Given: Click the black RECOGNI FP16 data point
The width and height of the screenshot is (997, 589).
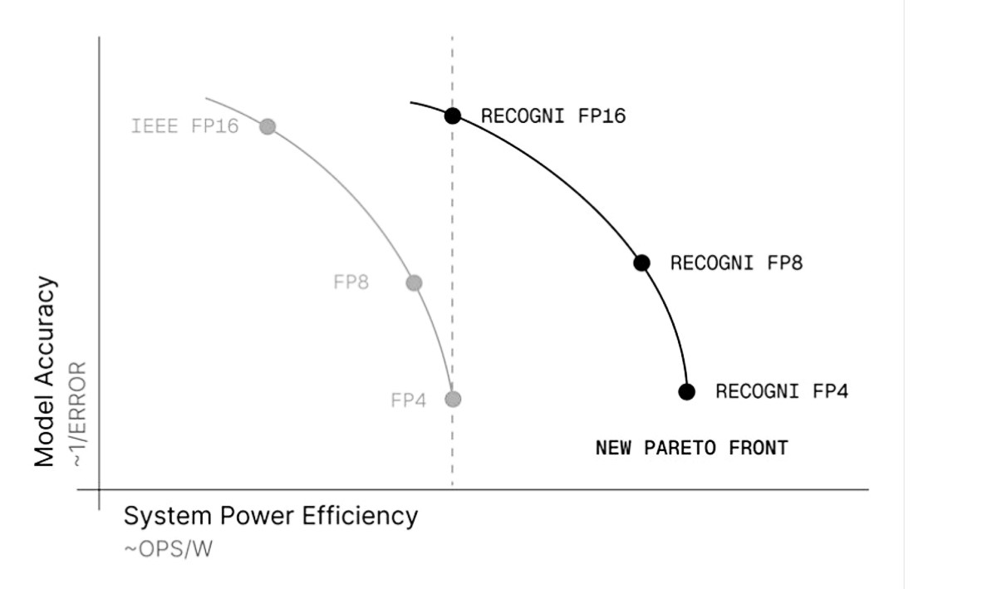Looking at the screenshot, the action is point(453,115).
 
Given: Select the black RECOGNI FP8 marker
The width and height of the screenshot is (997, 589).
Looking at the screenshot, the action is point(641,263).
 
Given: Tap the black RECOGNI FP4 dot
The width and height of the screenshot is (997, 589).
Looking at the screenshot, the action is point(687,392).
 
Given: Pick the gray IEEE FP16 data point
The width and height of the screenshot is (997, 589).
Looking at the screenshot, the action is point(268,126).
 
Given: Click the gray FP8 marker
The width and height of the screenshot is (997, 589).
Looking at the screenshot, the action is point(414,282).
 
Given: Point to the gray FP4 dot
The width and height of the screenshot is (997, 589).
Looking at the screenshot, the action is point(453,399).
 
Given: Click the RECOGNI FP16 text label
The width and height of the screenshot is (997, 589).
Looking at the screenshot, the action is point(553,115).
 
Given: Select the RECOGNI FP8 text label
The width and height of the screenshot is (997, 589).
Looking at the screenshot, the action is point(737,263).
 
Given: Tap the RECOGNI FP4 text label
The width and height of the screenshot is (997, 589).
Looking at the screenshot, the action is point(782,391).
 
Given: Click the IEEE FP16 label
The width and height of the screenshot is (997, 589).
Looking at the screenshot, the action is point(185,126).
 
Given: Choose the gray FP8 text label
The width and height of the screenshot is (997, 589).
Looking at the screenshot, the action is point(351,282).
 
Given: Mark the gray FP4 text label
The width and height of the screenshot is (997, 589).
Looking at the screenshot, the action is point(409,400).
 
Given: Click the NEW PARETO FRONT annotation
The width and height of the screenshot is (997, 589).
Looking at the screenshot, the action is point(692,448).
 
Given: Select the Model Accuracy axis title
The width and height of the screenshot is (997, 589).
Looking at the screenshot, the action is point(45,371).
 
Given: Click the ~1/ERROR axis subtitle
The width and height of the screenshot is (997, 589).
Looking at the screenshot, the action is point(79,415).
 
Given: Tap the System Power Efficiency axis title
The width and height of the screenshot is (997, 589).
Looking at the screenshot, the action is point(271,517).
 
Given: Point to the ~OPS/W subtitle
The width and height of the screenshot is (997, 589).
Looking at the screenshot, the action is point(169,549).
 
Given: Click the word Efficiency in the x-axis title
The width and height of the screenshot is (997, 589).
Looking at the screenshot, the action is point(360,517).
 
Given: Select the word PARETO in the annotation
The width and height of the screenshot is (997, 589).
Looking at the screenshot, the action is point(680,448).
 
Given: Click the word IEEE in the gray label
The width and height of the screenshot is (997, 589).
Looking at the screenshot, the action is point(155,126).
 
